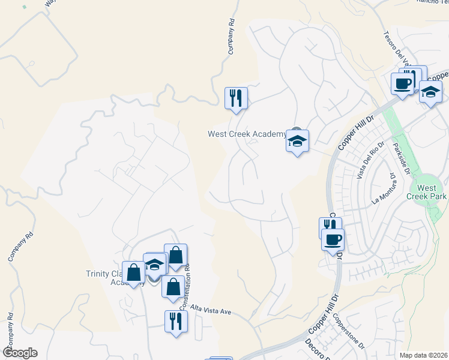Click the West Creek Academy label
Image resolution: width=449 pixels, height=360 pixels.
247,134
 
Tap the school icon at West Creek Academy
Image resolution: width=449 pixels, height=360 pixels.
297,142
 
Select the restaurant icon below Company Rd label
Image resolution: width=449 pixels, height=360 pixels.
236,98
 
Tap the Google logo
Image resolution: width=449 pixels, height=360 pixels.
20,353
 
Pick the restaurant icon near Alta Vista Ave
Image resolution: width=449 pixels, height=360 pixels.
176,321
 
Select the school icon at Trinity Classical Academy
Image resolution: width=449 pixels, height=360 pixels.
155,265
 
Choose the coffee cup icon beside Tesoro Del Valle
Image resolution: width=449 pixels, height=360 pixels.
403,83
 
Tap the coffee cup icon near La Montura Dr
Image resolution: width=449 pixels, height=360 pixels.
333,240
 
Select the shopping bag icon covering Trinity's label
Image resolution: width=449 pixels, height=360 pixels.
134,273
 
